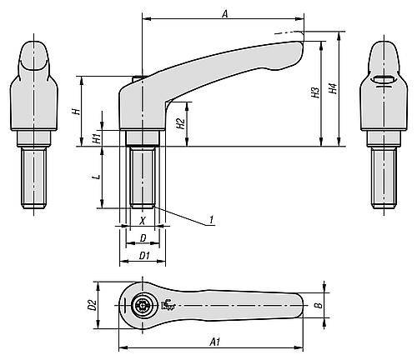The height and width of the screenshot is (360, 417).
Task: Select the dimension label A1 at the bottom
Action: click(x=215, y=342)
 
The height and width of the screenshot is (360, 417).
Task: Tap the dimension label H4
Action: click(x=334, y=89)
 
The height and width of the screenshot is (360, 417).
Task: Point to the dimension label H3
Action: click(x=315, y=93)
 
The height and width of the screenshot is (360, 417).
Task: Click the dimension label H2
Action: click(x=180, y=124)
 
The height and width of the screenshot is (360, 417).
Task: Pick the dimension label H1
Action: click(x=97, y=135)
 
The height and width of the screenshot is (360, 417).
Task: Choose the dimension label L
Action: click(x=97, y=177)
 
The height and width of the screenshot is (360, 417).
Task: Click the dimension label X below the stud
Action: click(x=143, y=222)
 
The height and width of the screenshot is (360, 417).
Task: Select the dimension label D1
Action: click(x=144, y=255)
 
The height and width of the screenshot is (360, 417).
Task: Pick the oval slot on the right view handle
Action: click(x=381, y=80)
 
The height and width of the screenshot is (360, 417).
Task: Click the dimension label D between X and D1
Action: click(x=143, y=238)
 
